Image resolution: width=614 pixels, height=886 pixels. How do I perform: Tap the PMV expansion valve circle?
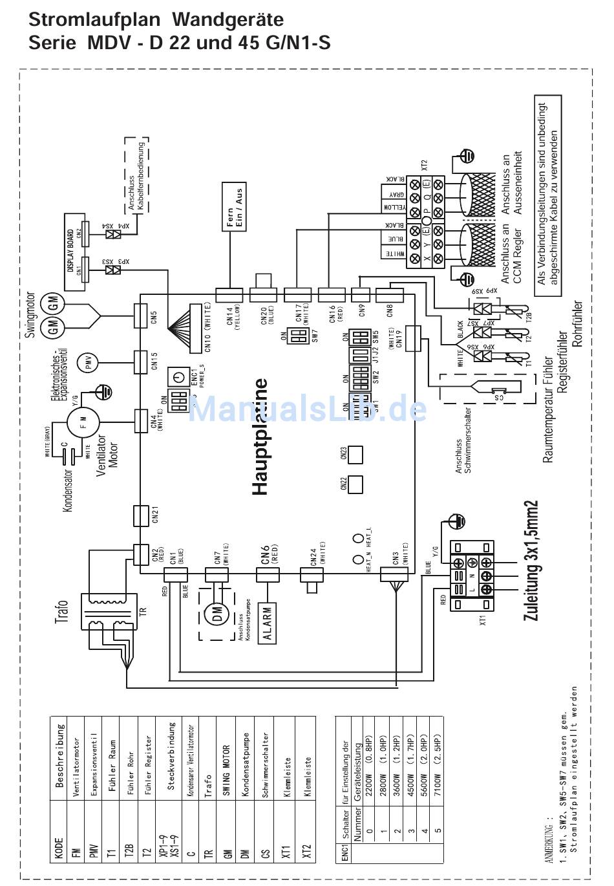(88, 363)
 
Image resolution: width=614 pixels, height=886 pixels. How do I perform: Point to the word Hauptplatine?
(260, 437)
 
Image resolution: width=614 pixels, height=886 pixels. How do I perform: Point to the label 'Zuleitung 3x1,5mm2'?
(531, 560)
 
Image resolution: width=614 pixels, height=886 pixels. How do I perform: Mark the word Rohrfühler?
(577, 323)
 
